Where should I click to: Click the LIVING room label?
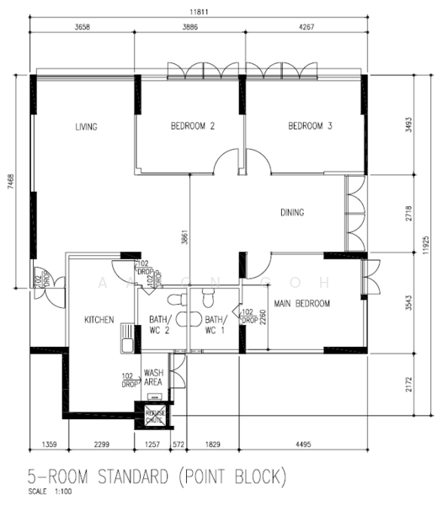click(87, 127)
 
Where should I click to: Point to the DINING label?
click(292, 213)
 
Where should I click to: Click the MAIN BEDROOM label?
click(301, 303)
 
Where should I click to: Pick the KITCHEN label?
click(99, 320)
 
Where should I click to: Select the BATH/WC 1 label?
click(216, 325)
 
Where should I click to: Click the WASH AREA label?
click(153, 377)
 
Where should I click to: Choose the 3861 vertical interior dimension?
click(183, 238)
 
